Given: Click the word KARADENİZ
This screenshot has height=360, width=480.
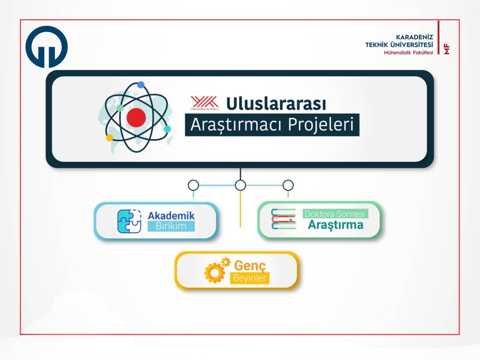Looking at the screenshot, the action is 414,37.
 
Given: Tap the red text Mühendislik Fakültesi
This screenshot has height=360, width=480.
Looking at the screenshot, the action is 408,53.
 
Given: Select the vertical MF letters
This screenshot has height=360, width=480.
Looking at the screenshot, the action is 446,49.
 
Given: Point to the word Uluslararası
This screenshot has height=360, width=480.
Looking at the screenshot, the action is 276,103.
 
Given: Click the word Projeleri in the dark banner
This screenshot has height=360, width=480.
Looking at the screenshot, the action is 320,125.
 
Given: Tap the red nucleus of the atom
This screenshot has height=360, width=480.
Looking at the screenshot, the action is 136,118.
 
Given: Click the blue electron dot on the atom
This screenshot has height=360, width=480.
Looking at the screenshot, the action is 141,85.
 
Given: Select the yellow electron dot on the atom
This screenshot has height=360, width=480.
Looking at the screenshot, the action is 110,138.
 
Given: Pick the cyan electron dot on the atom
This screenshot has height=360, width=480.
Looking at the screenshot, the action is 167,129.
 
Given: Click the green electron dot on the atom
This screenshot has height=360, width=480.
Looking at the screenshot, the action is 120,108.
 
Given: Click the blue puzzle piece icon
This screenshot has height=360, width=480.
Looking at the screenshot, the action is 129,221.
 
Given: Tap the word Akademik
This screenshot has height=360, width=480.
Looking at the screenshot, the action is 171,216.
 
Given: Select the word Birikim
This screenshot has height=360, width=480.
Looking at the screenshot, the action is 171,226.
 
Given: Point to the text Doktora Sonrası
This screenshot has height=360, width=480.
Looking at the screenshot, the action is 335,214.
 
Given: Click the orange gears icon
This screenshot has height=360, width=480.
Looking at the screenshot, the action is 217,270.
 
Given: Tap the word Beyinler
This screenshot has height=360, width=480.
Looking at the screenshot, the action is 250,278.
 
